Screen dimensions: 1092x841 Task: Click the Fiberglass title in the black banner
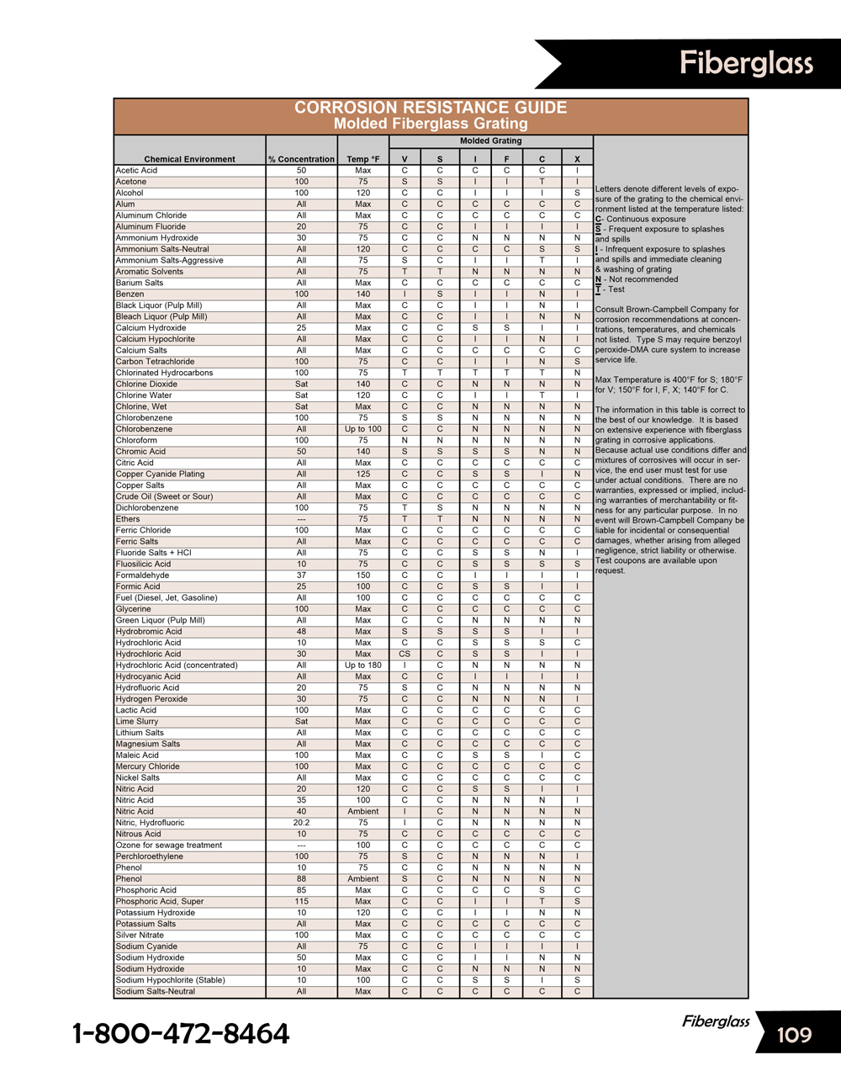click(746, 63)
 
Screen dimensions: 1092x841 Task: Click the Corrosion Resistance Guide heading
click(431, 108)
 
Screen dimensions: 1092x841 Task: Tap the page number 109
click(794, 1035)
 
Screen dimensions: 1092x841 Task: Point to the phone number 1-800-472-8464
click(181, 1034)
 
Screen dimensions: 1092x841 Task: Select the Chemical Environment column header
click(189, 159)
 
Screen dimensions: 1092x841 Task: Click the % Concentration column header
click(301, 159)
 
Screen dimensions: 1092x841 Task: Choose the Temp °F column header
click(363, 159)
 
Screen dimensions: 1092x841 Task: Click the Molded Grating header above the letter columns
click(491, 140)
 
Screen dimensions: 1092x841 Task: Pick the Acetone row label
click(131, 182)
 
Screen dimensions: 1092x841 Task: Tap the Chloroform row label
click(136, 440)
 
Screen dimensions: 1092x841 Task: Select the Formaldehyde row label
click(142, 575)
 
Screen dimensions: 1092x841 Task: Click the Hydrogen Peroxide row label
click(151, 699)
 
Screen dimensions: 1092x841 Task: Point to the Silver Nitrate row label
click(140, 935)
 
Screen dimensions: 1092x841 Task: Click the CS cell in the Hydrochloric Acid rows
click(405, 654)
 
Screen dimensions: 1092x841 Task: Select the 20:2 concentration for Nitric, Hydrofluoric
click(301, 823)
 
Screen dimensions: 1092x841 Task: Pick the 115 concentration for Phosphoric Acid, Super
click(301, 901)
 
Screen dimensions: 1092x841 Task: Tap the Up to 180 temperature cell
click(363, 665)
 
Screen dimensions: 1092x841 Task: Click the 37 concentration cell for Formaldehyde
click(301, 575)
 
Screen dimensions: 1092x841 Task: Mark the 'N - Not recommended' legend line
click(637, 279)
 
